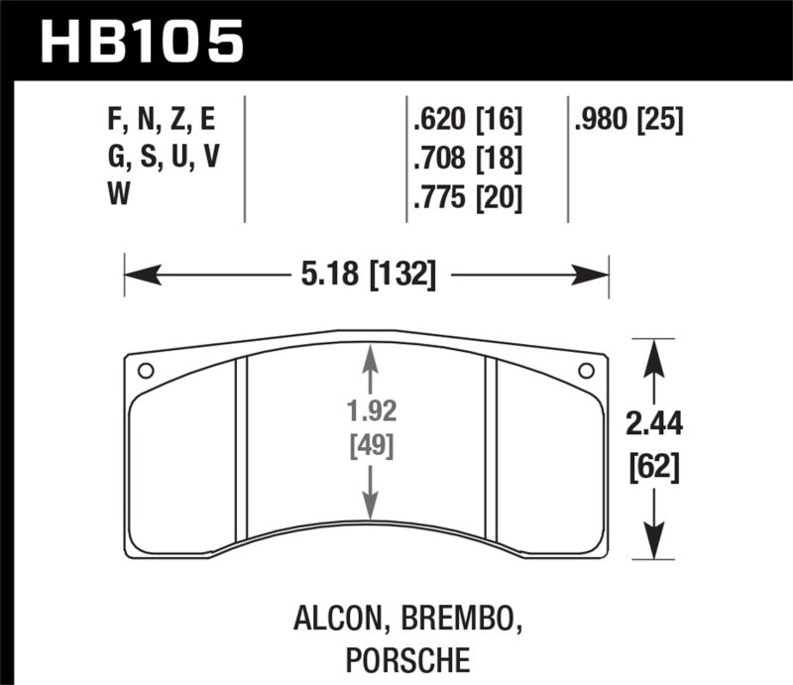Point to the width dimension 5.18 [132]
(x=366, y=274)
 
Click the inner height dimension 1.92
(x=372, y=409)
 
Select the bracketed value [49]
(x=372, y=445)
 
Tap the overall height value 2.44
(x=654, y=425)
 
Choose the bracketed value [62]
(x=654, y=465)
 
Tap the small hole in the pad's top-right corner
(x=585, y=371)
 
